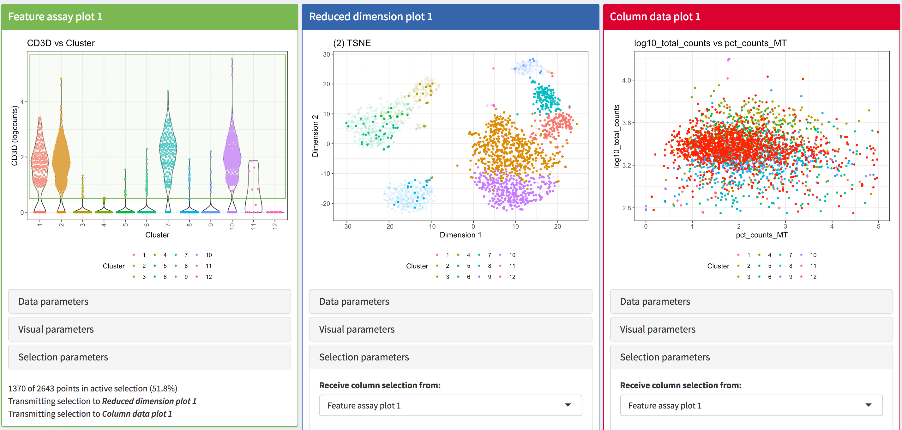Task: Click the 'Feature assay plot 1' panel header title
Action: click(55, 16)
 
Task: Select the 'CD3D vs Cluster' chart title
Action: click(61, 43)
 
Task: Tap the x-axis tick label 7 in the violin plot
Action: click(168, 225)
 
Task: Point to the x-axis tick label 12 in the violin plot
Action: click(275, 226)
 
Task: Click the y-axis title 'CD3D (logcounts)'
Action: click(14, 136)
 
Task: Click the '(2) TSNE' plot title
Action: click(352, 43)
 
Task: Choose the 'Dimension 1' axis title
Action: click(460, 235)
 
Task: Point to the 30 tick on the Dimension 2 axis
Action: click(326, 54)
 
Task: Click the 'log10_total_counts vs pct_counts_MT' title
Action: click(710, 43)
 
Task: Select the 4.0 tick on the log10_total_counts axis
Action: click(626, 80)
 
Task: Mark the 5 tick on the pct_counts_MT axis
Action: click(878, 226)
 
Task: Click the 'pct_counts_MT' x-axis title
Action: click(761, 235)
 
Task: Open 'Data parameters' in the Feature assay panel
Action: click(53, 301)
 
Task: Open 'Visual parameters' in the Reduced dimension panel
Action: click(357, 329)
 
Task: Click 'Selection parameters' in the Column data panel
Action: click(664, 357)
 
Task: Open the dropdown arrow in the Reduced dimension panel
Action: click(568, 405)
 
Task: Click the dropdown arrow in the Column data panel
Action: click(869, 405)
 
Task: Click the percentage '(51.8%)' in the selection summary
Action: click(164, 388)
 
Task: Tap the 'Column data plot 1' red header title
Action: click(655, 16)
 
